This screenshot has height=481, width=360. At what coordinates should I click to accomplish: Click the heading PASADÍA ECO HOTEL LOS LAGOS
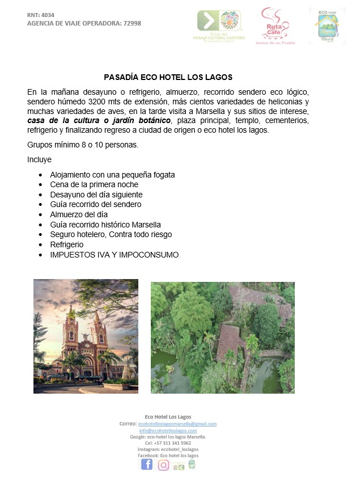pyautogui.click(x=168, y=77)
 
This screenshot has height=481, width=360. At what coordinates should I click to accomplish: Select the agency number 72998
pyautogui.click(x=130, y=23)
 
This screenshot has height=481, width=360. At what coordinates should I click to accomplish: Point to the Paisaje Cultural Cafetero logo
pyautogui.click(x=219, y=26)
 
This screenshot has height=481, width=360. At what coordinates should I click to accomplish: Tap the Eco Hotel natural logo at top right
pyautogui.click(x=327, y=26)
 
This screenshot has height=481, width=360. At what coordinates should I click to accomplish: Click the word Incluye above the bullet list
pyautogui.click(x=39, y=159)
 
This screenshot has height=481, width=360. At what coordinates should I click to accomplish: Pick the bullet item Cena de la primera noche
pyautogui.click(x=94, y=184)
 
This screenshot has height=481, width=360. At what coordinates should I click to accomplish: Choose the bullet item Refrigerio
pyautogui.click(x=67, y=244)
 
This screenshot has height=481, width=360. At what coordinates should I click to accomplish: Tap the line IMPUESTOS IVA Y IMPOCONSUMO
pyautogui.click(x=114, y=255)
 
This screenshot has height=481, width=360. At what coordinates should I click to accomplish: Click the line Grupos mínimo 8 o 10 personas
pyautogui.click(x=82, y=145)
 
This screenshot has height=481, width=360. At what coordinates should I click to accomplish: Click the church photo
pyautogui.click(x=86, y=336)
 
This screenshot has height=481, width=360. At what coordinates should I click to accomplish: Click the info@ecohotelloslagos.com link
pyautogui.click(x=168, y=431)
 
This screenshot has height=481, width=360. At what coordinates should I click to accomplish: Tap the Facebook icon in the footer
pyautogui.click(x=147, y=465)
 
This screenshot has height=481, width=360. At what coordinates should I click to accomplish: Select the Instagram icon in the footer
pyautogui.click(x=163, y=465)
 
